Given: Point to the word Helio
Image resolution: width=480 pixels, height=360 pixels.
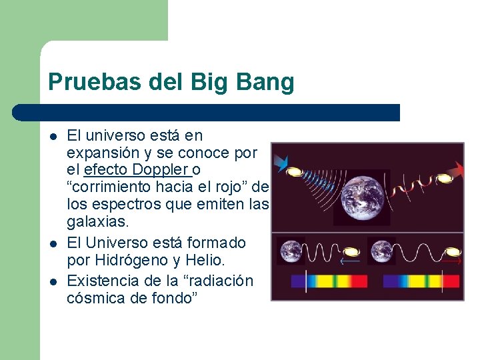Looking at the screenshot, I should tap(226, 262).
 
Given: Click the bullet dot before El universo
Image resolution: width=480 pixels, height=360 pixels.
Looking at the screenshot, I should tap(53, 137).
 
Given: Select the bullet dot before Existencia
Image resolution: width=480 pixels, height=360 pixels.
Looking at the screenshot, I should tap(53, 281).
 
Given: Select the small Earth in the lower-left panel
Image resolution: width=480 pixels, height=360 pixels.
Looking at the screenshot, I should tap(291, 251).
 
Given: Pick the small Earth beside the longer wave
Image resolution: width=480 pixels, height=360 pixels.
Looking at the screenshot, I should tap(382, 251).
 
